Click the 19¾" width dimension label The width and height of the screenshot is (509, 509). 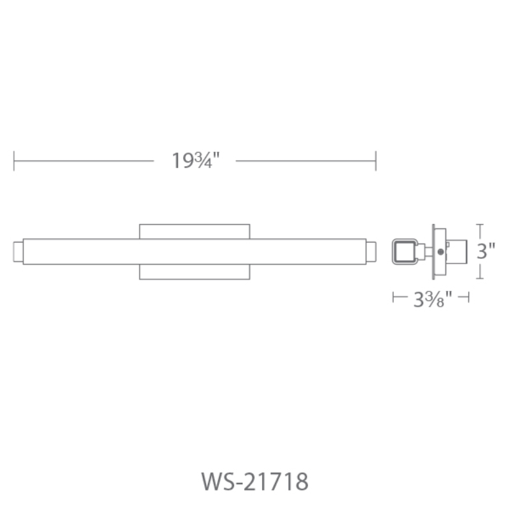coord(194,161)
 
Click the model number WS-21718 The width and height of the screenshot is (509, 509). coord(254,482)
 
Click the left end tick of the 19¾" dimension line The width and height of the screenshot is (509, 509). coord(14,161)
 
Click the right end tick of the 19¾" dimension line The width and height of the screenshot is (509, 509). coord(376,161)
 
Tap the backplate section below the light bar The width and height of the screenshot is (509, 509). coord(194,272)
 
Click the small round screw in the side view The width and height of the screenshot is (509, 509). coord(440,252)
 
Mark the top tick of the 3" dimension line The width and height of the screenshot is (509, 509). coord(480,225)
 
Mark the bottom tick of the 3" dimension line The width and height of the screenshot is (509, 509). coord(480,278)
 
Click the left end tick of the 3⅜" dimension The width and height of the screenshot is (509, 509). coord(394,296)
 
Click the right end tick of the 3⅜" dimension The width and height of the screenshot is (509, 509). coord(468,296)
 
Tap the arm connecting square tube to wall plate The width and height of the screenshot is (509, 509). coord(424,251)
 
